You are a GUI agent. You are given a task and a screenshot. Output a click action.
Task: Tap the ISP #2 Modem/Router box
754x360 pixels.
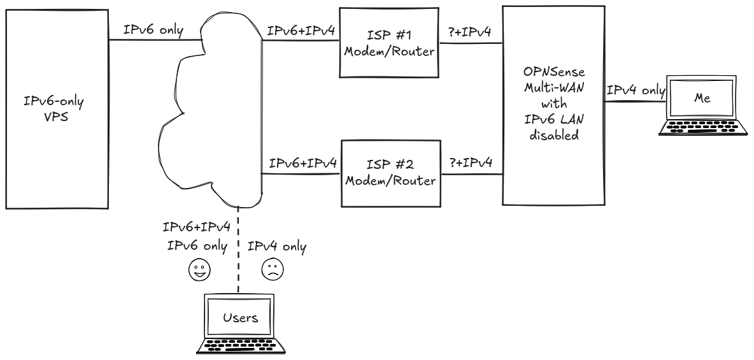click(389, 173)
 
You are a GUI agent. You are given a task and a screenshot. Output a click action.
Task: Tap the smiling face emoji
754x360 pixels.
click(199, 271)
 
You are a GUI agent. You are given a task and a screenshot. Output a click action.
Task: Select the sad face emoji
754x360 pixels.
click(272, 271)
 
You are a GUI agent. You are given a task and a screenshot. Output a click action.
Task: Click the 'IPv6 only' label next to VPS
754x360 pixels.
click(154, 31)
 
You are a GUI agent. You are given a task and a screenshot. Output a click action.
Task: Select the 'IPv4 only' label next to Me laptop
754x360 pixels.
click(635, 91)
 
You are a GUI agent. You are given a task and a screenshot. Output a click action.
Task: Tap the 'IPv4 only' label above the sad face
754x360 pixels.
click(276, 247)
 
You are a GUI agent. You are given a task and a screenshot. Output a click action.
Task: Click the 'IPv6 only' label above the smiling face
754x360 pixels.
click(197, 247)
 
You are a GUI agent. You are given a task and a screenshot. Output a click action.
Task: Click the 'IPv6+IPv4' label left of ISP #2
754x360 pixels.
click(302, 164)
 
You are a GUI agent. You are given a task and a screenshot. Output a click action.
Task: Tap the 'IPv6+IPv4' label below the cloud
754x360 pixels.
click(196, 228)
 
